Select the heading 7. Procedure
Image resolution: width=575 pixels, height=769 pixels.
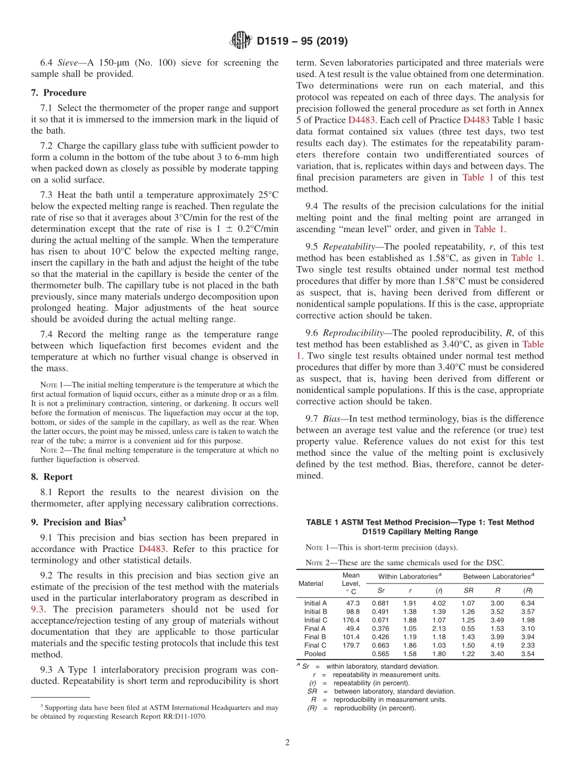(x=59, y=92)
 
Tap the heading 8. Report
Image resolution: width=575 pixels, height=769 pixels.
(x=51, y=476)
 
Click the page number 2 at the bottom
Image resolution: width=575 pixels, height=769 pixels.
(x=287, y=742)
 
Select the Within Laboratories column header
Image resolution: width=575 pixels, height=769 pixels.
(x=409, y=577)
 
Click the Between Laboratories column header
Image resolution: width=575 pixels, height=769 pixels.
(x=498, y=577)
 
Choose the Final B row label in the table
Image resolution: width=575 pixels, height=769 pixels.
(x=315, y=637)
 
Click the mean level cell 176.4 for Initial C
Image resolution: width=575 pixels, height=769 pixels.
(x=351, y=620)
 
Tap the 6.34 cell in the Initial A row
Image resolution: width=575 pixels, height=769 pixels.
(x=527, y=603)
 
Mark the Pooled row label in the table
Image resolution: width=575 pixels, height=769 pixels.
(x=315, y=654)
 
